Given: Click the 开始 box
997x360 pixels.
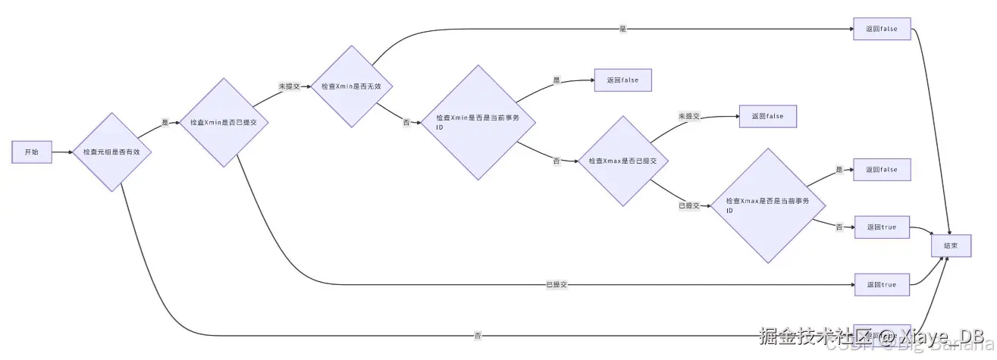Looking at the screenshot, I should point(31,152).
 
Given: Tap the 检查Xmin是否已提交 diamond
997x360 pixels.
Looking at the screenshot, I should point(223,122).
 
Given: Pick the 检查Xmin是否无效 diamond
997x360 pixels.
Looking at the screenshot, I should point(356,86).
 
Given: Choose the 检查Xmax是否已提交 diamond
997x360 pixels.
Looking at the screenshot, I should point(622,161).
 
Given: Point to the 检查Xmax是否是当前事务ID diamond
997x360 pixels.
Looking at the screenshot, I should point(767,205).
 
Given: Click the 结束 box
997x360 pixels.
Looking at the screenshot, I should point(951,246).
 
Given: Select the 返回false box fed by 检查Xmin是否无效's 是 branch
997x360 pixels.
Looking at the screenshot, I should point(882,29).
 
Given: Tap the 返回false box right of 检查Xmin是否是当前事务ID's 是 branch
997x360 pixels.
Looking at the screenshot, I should point(622,80).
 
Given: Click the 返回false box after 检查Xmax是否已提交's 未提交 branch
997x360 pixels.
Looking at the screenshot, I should point(767,116).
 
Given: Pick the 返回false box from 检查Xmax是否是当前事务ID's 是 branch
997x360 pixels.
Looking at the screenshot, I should point(882,170).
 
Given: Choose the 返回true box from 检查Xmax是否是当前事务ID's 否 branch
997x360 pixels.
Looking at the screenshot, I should point(882,227).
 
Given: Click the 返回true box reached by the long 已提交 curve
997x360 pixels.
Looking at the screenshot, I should point(882,284).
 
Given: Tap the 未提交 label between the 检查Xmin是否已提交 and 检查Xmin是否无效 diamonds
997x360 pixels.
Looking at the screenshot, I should point(287,86).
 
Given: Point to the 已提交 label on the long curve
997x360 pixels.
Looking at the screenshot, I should point(557,284).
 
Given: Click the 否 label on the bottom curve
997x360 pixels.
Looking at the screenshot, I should point(478,335).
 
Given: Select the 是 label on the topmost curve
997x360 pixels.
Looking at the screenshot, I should point(623,29).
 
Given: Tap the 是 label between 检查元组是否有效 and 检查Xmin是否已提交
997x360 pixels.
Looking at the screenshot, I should point(165,123).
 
